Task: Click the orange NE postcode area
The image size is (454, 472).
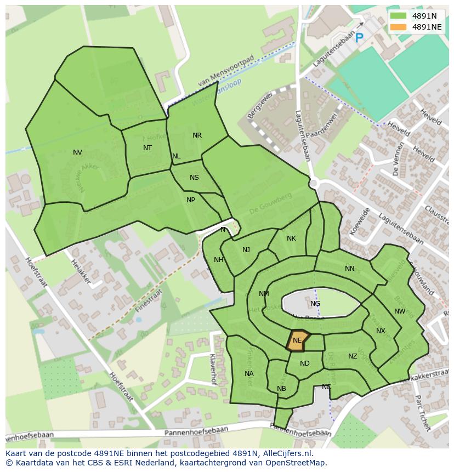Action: [x=298, y=340]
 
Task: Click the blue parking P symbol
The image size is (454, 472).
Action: [x=359, y=38]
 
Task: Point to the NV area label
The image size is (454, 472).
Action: [x=77, y=152]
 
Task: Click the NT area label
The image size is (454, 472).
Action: [x=147, y=148]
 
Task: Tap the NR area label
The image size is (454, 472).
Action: [x=197, y=135]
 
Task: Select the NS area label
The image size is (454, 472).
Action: [x=194, y=178]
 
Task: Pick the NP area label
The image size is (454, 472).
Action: [x=191, y=200]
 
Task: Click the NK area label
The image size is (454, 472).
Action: [x=291, y=238]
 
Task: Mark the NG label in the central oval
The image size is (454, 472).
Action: [x=315, y=304]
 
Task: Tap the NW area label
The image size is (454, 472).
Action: [x=400, y=311]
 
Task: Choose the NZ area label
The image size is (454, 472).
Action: [x=353, y=356]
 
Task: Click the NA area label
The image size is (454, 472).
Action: [x=249, y=374]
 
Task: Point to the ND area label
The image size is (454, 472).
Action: [x=305, y=363]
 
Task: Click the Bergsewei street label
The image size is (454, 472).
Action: [x=259, y=105]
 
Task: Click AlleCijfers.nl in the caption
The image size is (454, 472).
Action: [x=285, y=453]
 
